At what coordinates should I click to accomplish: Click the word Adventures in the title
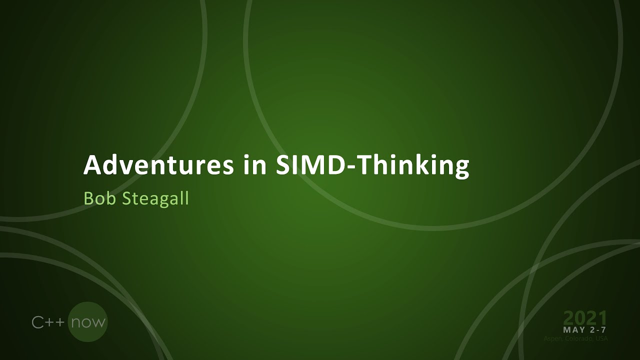[x=158, y=165]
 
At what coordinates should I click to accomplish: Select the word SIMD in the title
[x=310, y=165]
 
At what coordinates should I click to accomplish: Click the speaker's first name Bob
[x=98, y=198]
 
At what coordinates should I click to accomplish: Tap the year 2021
[x=585, y=318]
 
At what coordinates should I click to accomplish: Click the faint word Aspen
[x=553, y=339]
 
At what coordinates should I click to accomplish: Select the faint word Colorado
[x=579, y=339]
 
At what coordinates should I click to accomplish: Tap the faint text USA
[x=601, y=339]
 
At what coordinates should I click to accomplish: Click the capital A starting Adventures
[x=91, y=165]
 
